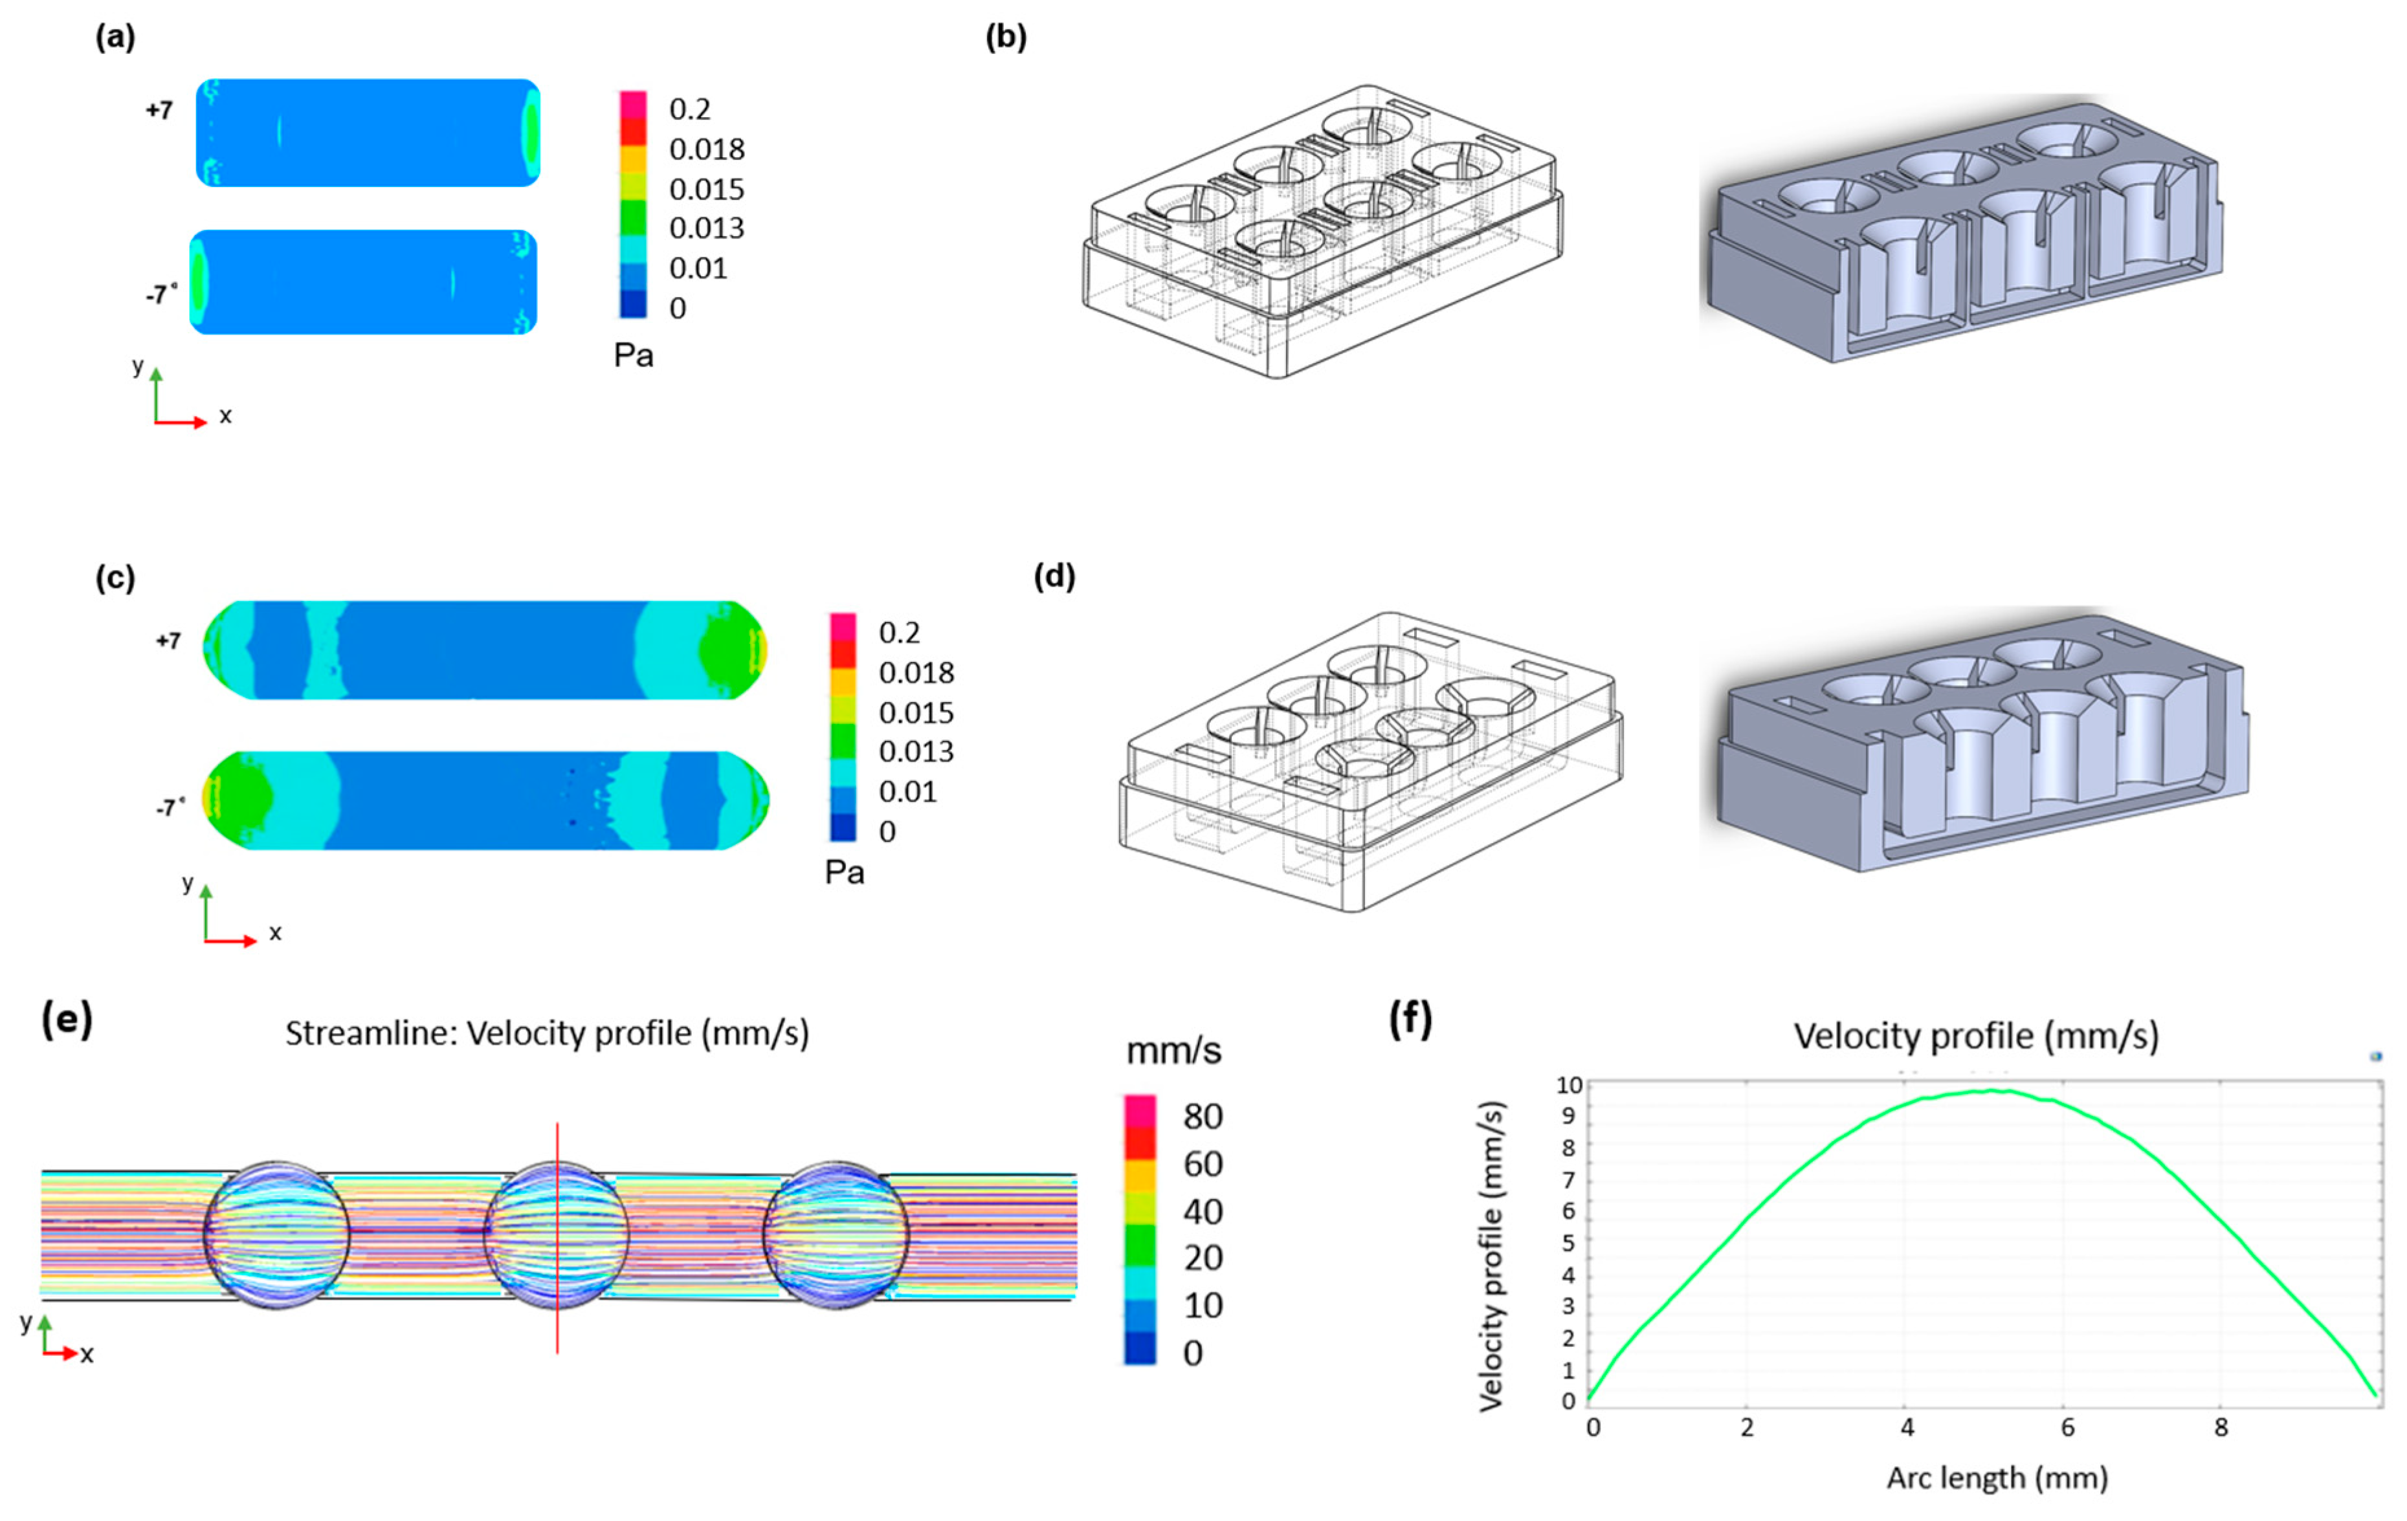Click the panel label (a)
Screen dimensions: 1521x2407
(x=115, y=38)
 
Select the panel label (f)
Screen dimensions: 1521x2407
(x=1410, y=1020)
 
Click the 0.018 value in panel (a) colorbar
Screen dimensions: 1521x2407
(x=707, y=150)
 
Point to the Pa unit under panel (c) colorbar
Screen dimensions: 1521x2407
(x=844, y=873)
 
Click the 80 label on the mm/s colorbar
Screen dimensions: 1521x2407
(x=1203, y=1116)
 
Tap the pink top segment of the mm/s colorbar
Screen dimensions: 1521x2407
(x=1140, y=1111)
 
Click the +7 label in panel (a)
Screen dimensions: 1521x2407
(x=159, y=110)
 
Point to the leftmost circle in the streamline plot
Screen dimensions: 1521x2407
(x=277, y=1234)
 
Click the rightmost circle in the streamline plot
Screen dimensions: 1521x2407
(x=836, y=1234)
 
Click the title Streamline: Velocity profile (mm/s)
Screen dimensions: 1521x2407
(x=547, y=1033)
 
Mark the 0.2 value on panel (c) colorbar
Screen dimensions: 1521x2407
(x=898, y=633)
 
